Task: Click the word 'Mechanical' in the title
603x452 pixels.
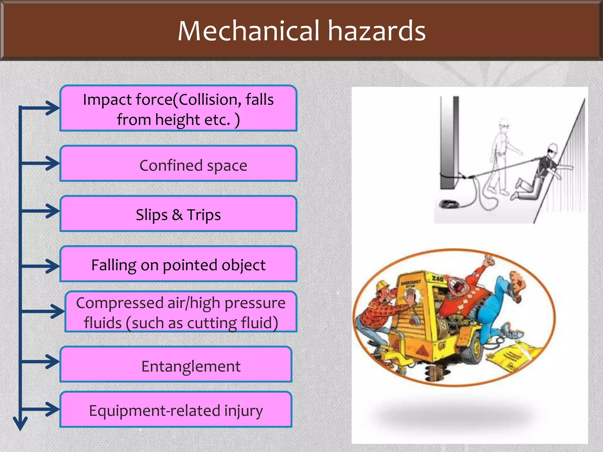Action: point(249,31)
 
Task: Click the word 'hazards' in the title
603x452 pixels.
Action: point(377,31)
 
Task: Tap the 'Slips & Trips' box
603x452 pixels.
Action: point(178,214)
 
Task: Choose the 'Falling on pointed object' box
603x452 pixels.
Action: point(178,264)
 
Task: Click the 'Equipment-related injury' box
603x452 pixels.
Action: point(176,410)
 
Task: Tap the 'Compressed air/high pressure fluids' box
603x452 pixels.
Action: point(181,312)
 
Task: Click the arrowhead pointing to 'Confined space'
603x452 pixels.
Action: point(53,163)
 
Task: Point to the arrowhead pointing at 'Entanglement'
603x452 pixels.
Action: point(53,361)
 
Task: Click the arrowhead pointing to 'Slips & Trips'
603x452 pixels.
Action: point(53,211)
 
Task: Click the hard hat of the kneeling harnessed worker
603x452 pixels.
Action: point(553,148)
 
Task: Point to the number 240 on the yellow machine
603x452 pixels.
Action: point(438,278)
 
